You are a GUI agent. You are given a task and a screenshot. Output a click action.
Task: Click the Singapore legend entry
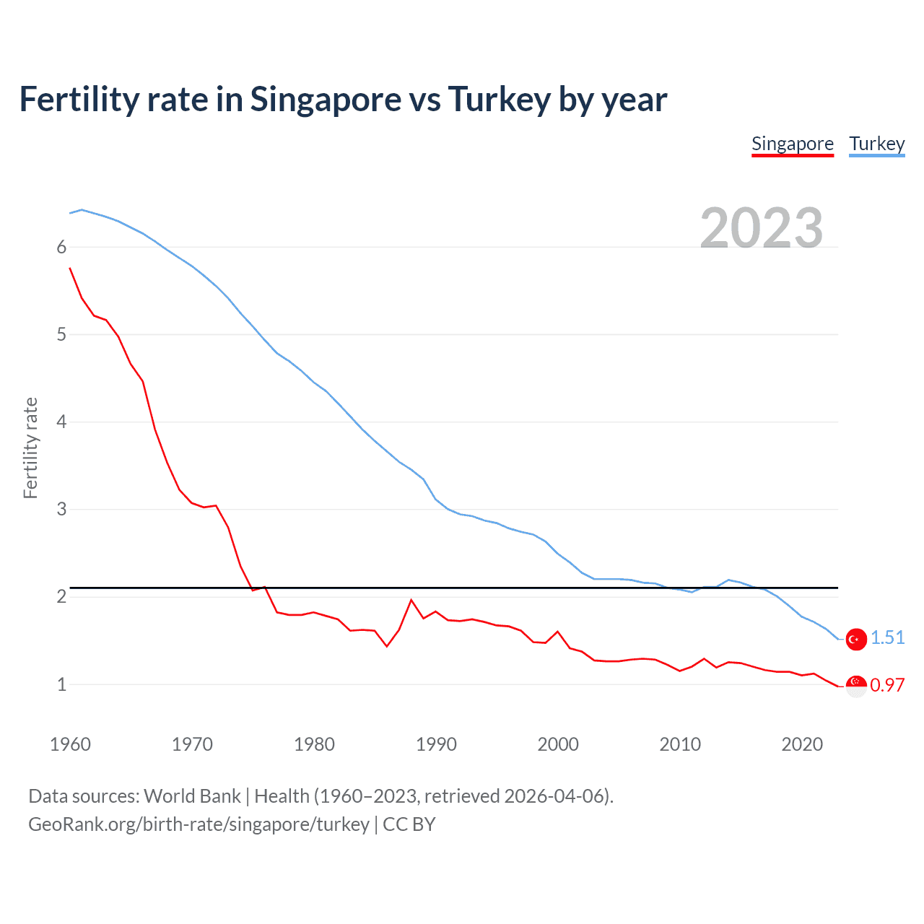tap(792, 144)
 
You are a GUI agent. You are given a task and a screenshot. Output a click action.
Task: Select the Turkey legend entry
tap(876, 144)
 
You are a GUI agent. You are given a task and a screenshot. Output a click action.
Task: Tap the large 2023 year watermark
tap(761, 228)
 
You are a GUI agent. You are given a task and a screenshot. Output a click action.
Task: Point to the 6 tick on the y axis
tap(61, 248)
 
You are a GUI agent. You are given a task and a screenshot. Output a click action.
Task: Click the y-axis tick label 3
tap(61, 510)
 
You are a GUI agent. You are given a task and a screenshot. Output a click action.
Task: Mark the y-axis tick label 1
tap(61, 684)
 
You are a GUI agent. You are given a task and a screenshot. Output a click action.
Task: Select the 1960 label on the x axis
tap(70, 744)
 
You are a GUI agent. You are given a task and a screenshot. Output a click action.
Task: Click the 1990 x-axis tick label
tap(436, 744)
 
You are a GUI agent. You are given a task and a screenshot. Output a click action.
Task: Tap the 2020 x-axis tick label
tap(802, 744)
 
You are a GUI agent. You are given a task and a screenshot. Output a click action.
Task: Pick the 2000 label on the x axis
tap(558, 744)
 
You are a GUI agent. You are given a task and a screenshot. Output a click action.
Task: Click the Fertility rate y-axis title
tap(30, 448)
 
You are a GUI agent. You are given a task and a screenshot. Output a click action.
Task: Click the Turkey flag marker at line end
tap(856, 639)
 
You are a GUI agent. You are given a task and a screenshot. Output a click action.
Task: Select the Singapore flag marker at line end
tap(856, 685)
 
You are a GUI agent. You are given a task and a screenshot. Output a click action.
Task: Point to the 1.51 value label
tap(887, 638)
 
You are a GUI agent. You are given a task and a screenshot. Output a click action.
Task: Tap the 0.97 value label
tap(887, 685)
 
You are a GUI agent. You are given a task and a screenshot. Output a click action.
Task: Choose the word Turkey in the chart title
tap(499, 100)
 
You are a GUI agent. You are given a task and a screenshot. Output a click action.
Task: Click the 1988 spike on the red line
tap(411, 601)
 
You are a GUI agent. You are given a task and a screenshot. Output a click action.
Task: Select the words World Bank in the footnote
tap(192, 796)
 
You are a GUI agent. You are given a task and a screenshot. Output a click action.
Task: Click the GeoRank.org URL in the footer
tap(199, 824)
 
